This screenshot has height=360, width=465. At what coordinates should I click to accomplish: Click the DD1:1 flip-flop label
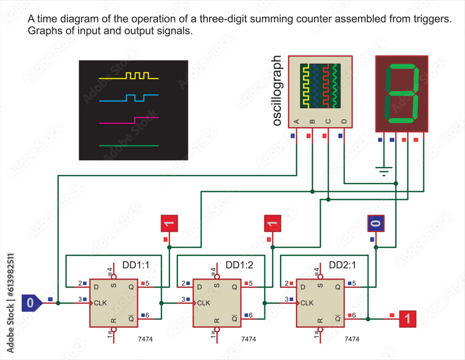point(135,266)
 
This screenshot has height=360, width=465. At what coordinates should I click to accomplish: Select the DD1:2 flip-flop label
point(239,266)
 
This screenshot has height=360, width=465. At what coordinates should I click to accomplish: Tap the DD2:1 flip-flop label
point(343,266)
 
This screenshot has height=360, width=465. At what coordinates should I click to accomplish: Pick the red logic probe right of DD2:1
point(407,319)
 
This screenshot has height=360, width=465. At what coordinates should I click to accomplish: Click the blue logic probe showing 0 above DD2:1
point(376,223)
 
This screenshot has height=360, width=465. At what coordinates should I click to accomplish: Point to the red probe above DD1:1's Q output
point(169,223)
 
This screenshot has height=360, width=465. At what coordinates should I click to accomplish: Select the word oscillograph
point(277,91)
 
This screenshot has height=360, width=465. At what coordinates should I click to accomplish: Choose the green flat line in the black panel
point(128,146)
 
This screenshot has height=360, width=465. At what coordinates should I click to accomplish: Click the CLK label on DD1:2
point(204,303)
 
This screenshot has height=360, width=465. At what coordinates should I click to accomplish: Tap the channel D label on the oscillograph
point(344,121)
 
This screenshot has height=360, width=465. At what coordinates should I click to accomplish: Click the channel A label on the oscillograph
point(296,121)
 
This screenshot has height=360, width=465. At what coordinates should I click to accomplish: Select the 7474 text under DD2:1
point(352,339)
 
